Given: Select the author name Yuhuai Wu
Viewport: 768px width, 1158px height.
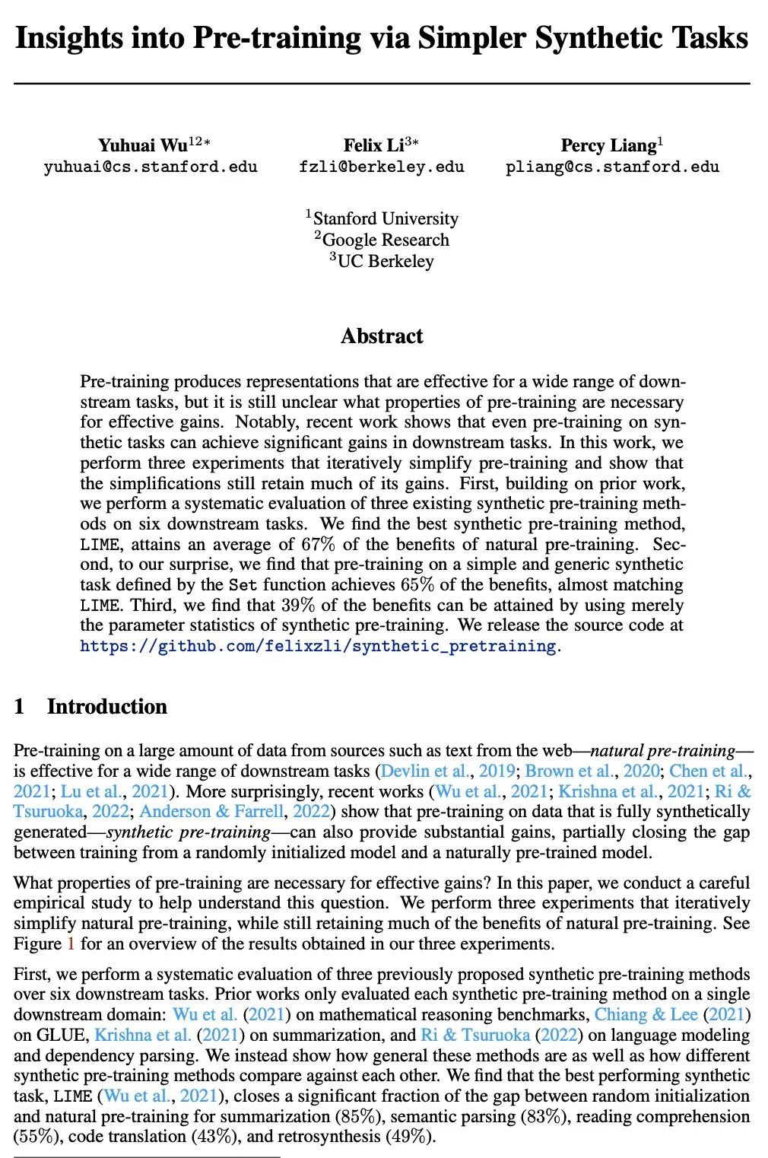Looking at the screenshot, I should [x=143, y=145].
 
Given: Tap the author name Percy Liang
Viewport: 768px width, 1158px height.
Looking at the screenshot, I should [x=608, y=145].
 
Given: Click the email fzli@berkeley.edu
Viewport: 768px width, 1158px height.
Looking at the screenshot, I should [x=381, y=167].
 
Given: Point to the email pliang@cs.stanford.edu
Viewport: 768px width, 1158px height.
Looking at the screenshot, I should [x=612, y=167].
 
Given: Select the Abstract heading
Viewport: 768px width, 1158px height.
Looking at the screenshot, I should [x=382, y=336].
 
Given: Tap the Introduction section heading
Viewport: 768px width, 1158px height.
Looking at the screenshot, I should [x=106, y=707].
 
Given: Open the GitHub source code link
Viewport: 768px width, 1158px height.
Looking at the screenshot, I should [x=318, y=646].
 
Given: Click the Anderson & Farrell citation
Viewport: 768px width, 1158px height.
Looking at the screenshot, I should [x=211, y=811].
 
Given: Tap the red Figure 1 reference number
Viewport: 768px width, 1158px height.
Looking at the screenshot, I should [x=71, y=943].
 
